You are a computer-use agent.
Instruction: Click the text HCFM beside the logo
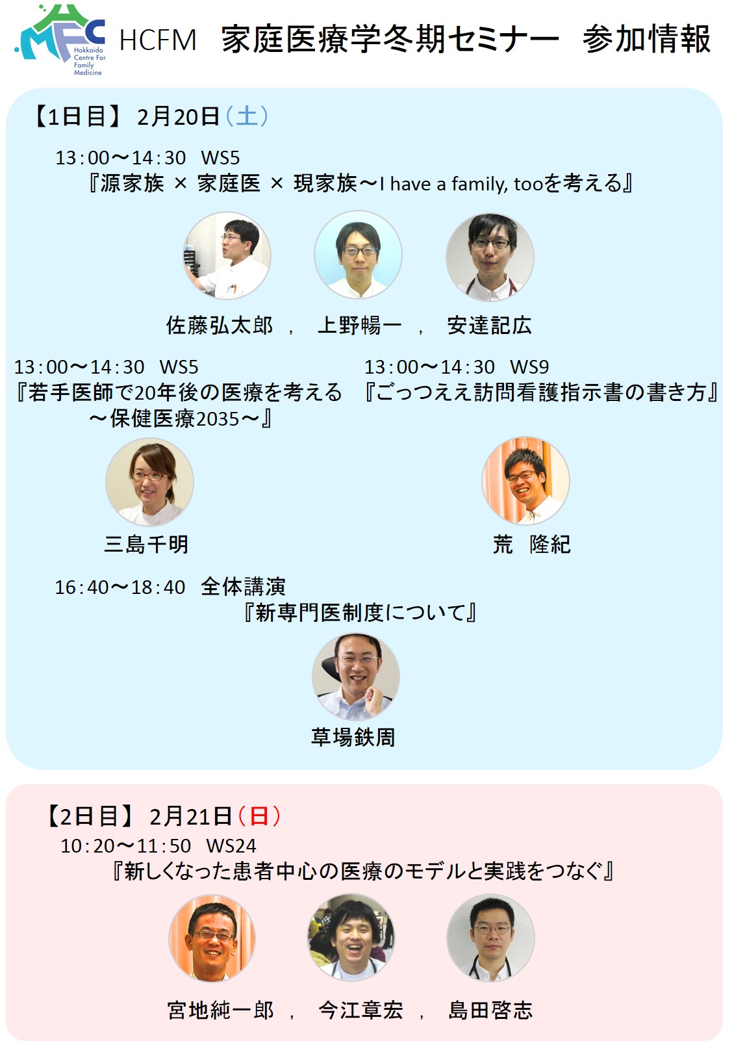click(x=158, y=40)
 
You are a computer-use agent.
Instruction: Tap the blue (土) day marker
click(x=247, y=116)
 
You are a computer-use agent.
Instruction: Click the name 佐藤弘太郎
click(x=220, y=326)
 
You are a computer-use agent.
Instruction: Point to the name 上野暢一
click(x=359, y=326)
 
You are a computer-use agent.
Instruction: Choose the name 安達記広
click(x=490, y=326)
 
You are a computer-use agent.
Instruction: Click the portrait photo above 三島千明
click(x=149, y=482)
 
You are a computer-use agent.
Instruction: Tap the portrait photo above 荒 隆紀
click(x=525, y=480)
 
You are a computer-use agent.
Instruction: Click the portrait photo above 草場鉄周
click(x=356, y=676)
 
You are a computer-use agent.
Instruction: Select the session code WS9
click(x=529, y=367)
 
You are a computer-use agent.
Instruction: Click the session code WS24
click(x=231, y=846)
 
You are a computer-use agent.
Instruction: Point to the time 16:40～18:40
click(x=120, y=587)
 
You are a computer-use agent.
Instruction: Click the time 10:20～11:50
click(x=126, y=846)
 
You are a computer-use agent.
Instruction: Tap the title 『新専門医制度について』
click(x=360, y=613)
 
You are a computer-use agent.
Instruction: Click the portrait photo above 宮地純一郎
click(x=212, y=938)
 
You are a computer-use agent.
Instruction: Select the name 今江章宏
click(x=360, y=1010)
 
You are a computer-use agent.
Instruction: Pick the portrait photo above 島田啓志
click(x=490, y=938)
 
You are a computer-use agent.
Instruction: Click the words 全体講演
click(x=244, y=587)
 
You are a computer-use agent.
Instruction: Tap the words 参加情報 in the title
click(x=646, y=39)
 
